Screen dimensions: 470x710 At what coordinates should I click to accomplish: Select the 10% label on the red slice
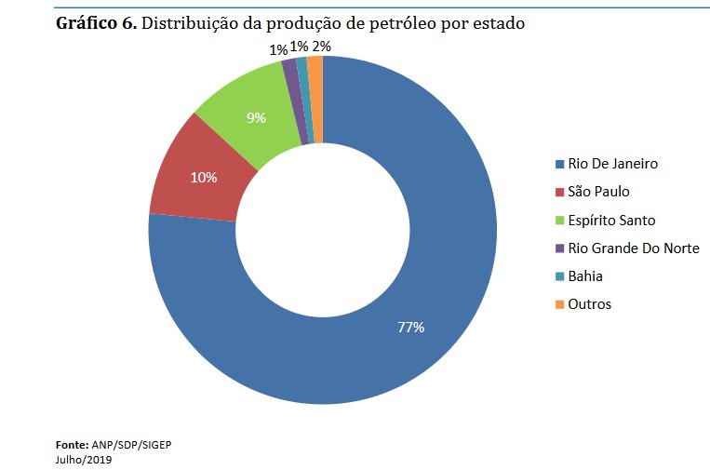204,177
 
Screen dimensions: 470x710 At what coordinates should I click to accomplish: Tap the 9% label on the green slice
256,118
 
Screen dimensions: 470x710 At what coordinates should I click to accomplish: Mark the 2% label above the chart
322,46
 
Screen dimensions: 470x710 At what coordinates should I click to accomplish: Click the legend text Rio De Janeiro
612,164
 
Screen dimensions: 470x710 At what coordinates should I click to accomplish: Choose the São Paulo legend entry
598,192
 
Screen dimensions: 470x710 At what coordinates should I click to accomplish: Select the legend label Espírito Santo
611,221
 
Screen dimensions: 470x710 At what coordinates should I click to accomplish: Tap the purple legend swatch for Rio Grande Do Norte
559,248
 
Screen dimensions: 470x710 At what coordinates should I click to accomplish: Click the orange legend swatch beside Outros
559,304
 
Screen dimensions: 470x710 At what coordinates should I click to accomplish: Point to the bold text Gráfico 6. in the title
96,23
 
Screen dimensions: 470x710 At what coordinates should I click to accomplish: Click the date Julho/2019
84,458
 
